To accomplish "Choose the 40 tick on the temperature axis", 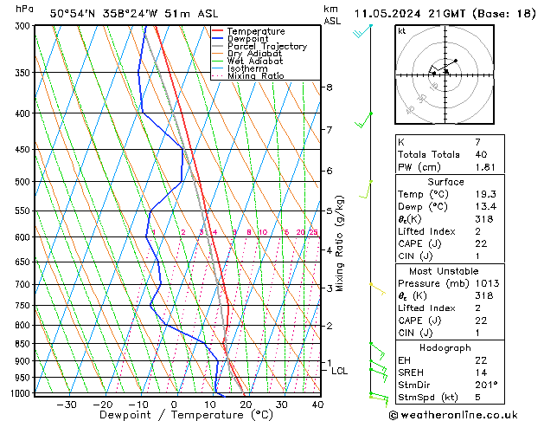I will (317, 405).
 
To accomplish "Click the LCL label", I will (340, 371).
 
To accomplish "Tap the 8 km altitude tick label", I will (329, 87).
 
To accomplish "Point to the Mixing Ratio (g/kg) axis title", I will (341, 243).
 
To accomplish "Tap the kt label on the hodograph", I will (401, 31).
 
